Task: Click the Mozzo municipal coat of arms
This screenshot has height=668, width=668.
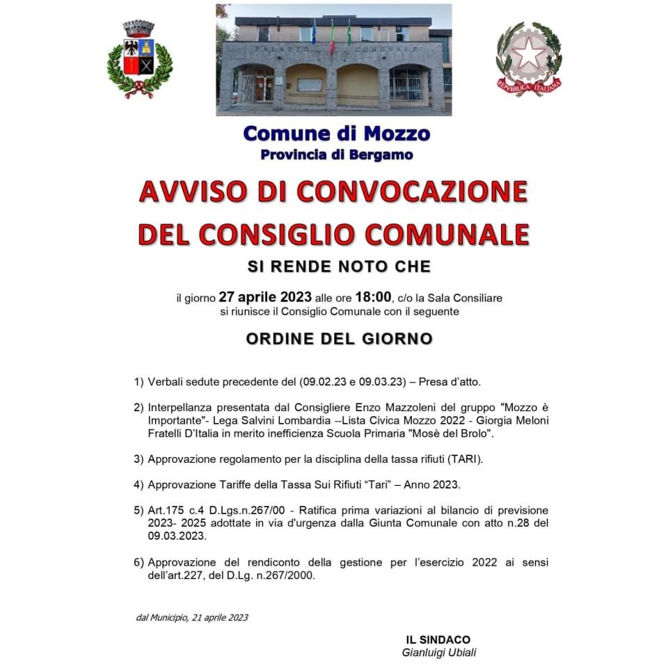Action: click(x=139, y=60)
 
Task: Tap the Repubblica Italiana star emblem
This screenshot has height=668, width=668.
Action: click(x=529, y=59)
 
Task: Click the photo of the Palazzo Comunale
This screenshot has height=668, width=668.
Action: click(x=334, y=60)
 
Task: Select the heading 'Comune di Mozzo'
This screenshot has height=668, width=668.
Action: click(x=337, y=133)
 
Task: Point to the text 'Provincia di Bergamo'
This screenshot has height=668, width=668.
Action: click(x=337, y=154)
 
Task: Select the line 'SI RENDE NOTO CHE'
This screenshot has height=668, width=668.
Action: click(x=339, y=267)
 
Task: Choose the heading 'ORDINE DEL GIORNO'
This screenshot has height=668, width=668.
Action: click(x=339, y=339)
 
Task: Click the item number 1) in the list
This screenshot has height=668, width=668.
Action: click(x=138, y=382)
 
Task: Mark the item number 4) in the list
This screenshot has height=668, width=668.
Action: click(x=138, y=485)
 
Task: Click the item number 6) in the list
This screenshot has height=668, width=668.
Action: click(x=138, y=562)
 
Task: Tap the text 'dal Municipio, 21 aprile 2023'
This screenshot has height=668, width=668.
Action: click(x=192, y=617)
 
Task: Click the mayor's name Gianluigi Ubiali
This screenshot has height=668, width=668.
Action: click(x=439, y=653)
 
